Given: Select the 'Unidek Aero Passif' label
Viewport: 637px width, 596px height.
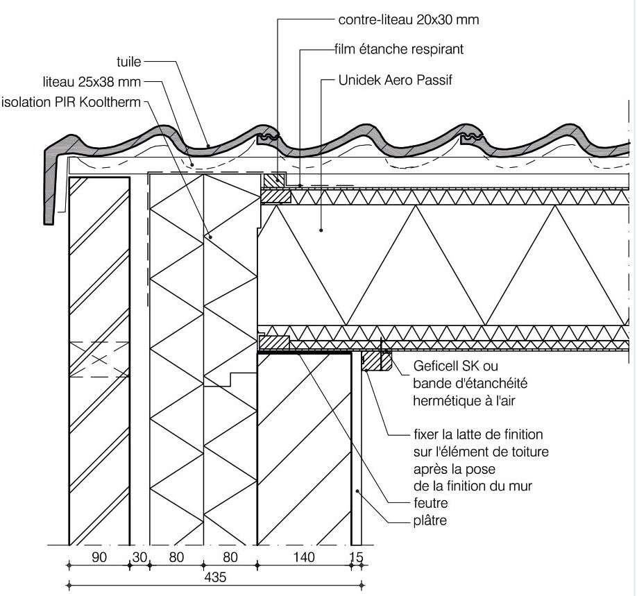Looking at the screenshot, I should [x=395, y=80].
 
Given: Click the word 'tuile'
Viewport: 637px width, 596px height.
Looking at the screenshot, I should [x=129, y=62].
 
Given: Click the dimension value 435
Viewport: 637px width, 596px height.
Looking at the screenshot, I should [x=216, y=577].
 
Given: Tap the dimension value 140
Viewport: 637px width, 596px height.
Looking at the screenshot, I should [x=303, y=556].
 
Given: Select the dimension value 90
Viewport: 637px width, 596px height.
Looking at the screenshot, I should [x=99, y=556].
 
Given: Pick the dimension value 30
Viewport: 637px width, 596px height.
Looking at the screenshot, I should [x=139, y=556].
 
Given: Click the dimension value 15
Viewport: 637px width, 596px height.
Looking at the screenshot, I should [x=357, y=556].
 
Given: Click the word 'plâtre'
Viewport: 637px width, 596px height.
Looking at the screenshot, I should [x=430, y=520].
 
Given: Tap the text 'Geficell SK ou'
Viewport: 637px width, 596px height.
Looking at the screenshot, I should [x=455, y=366].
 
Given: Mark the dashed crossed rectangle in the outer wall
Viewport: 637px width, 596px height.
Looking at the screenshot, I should [x=99, y=359].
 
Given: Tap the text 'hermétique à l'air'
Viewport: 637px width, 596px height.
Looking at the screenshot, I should [x=458, y=400].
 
